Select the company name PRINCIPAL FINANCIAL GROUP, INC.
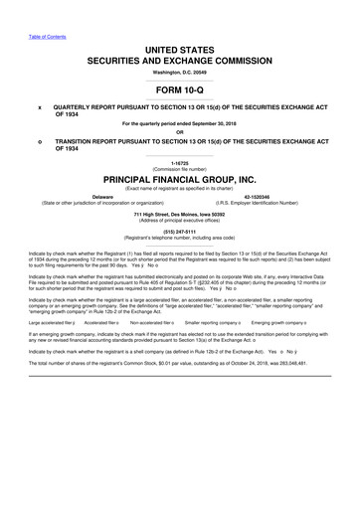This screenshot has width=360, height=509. click(x=179, y=180)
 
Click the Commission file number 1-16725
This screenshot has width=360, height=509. click(x=179, y=162)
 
